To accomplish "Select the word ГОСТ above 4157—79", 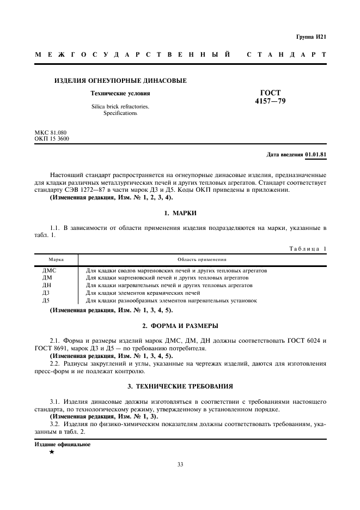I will pos(270,93).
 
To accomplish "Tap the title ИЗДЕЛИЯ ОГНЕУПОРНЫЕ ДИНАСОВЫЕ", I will pos(120,81).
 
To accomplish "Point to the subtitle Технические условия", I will pos(120,93).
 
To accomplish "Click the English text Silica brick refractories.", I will pos(120,107).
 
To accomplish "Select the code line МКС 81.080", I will pos(51,132).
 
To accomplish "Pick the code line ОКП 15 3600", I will pos(52,138).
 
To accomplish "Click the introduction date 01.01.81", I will pos(315,155).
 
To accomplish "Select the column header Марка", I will pos(57,260).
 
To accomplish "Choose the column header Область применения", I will pos(202,260).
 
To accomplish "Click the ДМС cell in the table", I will pos(50,270).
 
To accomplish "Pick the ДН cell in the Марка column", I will pos(47,286).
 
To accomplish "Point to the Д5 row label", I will pos(46,301).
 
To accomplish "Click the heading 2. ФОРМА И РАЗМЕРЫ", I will pos(180,326).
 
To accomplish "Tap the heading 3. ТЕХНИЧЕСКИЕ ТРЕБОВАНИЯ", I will pos(180,386).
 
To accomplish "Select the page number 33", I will pos(180,465).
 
